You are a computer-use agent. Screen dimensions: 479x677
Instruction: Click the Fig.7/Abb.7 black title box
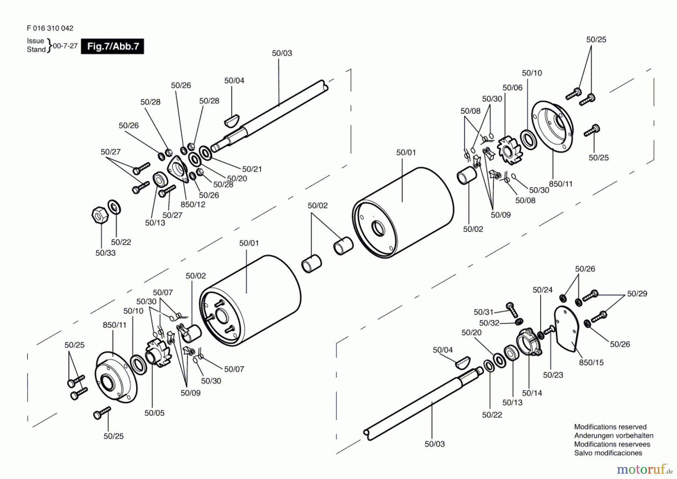[x=112, y=46]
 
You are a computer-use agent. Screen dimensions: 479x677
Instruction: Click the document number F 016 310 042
[x=50, y=28]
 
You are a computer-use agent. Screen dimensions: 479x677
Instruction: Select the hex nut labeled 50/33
[x=100, y=215]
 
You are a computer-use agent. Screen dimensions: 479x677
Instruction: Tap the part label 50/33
[x=105, y=253]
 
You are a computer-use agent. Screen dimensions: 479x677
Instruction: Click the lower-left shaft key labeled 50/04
[x=463, y=362]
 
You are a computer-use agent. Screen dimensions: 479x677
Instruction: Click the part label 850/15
[x=591, y=363]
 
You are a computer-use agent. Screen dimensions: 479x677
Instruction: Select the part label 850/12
[x=193, y=204]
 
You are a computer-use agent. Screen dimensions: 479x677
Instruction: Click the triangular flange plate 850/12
[x=178, y=169]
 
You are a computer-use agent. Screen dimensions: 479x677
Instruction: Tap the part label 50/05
[x=154, y=413]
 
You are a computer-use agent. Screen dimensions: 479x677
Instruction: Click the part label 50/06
[x=512, y=88]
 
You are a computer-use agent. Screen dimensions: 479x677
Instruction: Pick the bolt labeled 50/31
[x=512, y=309]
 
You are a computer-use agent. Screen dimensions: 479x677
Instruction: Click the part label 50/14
[x=532, y=393]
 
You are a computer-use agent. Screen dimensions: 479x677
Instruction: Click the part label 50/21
[x=252, y=169]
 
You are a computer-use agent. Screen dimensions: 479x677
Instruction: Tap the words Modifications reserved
[x=610, y=427]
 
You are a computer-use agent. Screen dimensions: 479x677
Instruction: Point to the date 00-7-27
[x=65, y=46]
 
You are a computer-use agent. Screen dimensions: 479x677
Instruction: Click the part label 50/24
[x=542, y=290]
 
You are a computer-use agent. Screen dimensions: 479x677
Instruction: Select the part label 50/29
[x=637, y=294]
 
